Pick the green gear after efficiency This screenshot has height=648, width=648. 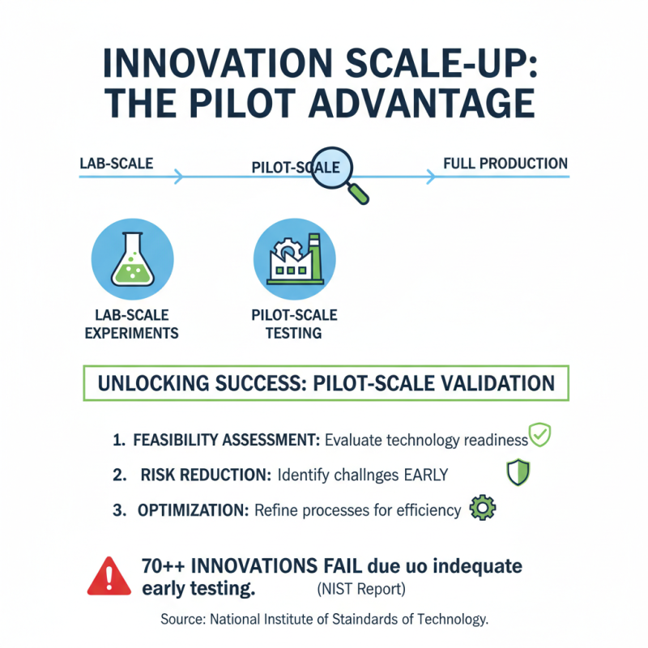pos(484,509)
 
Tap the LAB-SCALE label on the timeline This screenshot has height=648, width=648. pos(116,163)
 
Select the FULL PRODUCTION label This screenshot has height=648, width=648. pos(505,163)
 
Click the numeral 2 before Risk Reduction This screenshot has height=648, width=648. pos(119,475)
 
